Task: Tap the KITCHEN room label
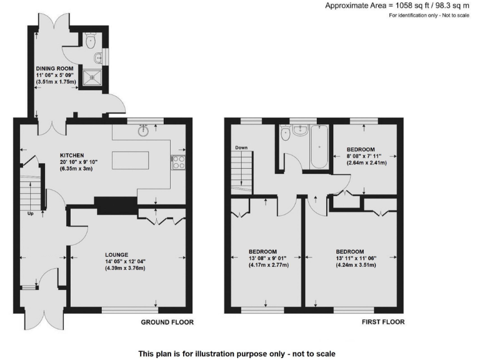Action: tap(72, 155)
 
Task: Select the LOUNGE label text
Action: tap(117, 254)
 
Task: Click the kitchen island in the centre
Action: tap(131, 161)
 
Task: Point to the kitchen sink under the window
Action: tap(144, 130)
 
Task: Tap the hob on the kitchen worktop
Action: tap(177, 162)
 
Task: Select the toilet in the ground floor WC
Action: tap(91, 42)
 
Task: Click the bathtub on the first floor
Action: tap(320, 147)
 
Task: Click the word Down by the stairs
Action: tap(242, 148)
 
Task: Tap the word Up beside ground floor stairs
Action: tap(30, 212)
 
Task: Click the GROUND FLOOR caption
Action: tap(167, 322)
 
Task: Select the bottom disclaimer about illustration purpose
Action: tap(240, 353)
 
